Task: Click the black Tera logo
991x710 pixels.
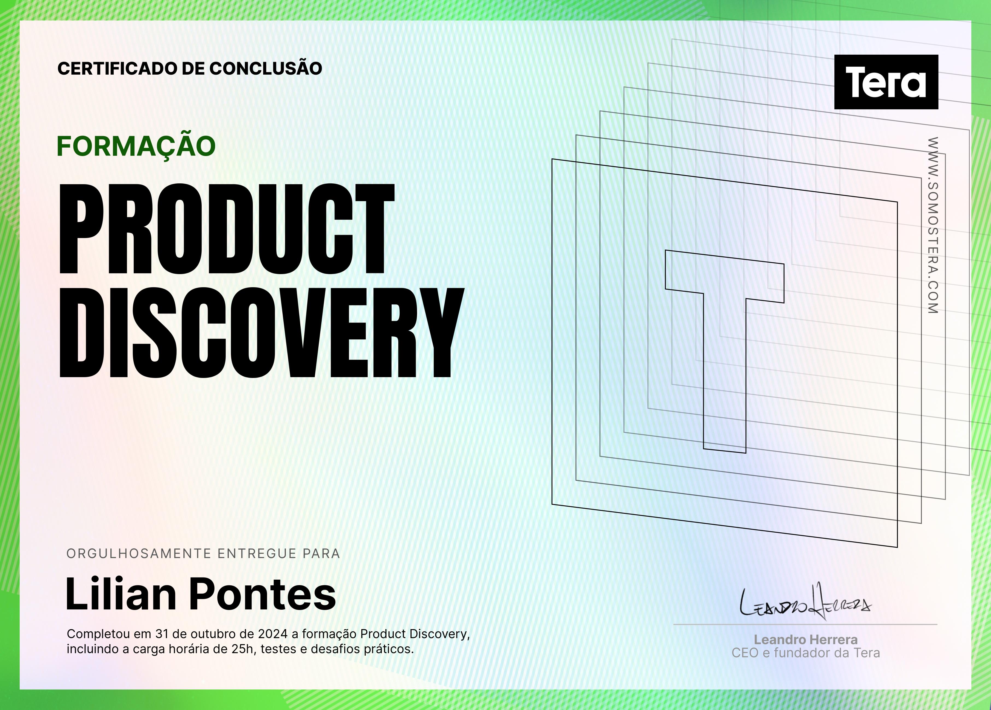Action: pyautogui.click(x=886, y=82)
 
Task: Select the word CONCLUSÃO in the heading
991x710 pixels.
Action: pyautogui.click(x=266, y=68)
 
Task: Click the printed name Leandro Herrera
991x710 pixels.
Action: pyautogui.click(x=806, y=640)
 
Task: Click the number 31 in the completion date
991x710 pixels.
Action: pyautogui.click(x=162, y=634)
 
